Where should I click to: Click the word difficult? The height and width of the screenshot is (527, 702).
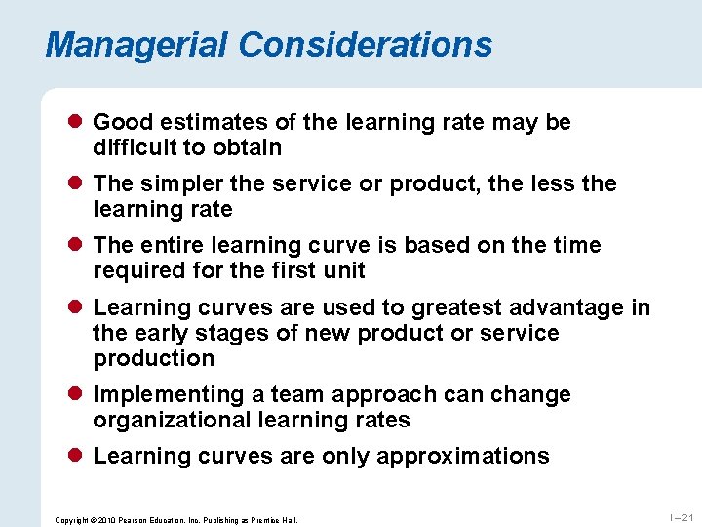coord(132,148)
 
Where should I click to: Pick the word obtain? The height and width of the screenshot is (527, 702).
coord(249,148)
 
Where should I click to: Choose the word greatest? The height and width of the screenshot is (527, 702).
coord(458,307)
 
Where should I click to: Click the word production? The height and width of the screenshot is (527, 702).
coord(153,358)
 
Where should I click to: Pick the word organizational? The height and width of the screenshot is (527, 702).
coord(172,420)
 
